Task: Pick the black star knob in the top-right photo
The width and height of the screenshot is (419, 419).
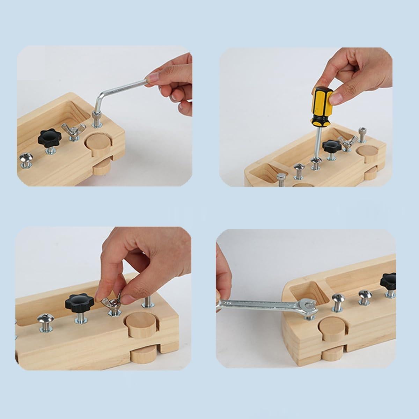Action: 330,146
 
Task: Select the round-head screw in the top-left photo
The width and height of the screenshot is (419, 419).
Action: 25,159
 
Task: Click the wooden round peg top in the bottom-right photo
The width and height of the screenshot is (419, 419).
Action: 331,328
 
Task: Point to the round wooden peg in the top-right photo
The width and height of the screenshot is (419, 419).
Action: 367,151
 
